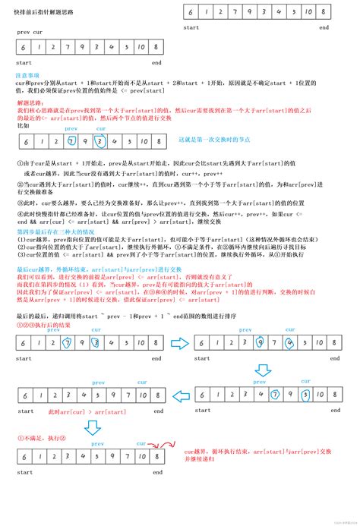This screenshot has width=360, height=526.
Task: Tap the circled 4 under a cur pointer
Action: click(289, 342)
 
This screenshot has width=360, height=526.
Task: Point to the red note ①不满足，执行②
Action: click(40, 438)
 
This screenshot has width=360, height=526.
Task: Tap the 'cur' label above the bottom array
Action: click(141, 443)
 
